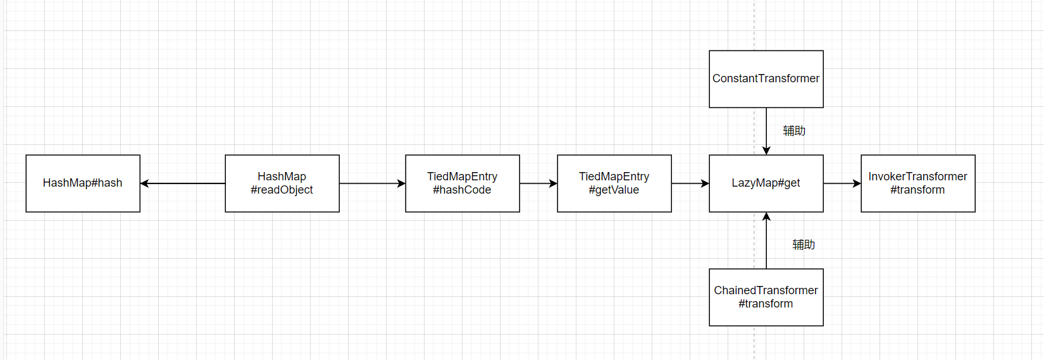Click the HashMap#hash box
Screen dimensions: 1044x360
click(x=83, y=183)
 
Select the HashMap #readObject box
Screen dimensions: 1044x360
click(x=282, y=183)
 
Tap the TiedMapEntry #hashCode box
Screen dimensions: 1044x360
click(x=463, y=183)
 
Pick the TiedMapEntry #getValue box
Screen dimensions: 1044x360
click(x=614, y=183)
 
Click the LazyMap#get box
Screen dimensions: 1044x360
click(x=766, y=183)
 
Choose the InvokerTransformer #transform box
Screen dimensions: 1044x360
click(x=918, y=183)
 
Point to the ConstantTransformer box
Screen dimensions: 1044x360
click(x=766, y=79)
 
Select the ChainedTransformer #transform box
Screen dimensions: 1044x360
click(x=766, y=297)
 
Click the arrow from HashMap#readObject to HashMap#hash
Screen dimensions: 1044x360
click(x=183, y=183)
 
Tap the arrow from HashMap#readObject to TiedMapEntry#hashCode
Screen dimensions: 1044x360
click(x=373, y=183)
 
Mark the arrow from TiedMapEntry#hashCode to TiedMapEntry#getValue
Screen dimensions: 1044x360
click(x=539, y=183)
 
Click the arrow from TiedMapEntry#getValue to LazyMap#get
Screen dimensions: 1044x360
click(x=691, y=183)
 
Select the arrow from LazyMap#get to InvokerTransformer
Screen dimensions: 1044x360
click(x=843, y=183)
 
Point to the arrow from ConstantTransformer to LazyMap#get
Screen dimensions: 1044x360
click(x=766, y=131)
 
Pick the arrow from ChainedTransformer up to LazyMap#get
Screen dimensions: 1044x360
click(x=766, y=240)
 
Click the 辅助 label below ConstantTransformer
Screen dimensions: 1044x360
click(x=794, y=130)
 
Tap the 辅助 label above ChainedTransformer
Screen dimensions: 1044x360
click(x=804, y=244)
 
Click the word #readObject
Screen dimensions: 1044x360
click(x=282, y=190)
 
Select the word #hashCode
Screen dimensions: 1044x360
click(x=462, y=190)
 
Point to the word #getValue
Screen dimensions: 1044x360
click(x=614, y=190)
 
